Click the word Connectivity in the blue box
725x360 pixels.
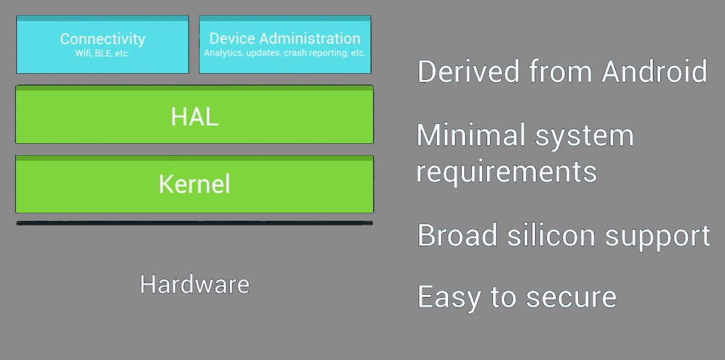pyautogui.click(x=103, y=39)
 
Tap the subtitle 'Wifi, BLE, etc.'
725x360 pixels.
pyautogui.click(x=103, y=53)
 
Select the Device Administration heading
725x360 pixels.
pyautogui.click(x=285, y=39)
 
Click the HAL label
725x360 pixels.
pyautogui.click(x=194, y=117)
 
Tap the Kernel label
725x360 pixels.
pyautogui.click(x=194, y=184)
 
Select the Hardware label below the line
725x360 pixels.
pyautogui.click(x=194, y=284)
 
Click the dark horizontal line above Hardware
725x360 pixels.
pyautogui.click(x=194, y=223)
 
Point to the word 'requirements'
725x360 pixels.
pyautogui.click(x=507, y=172)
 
